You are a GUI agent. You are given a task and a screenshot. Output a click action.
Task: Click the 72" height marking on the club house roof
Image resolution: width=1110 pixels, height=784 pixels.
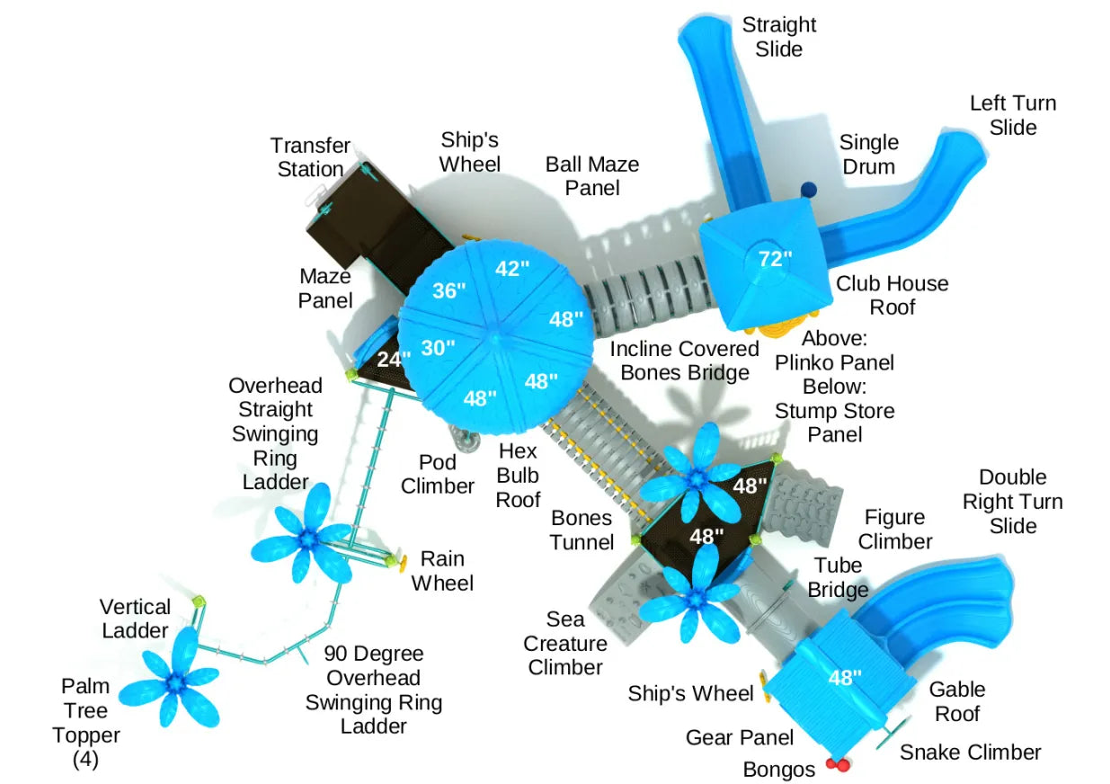pyautogui.click(x=775, y=259)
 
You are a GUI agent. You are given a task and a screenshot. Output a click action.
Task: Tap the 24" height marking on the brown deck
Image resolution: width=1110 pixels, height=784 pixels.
pyautogui.click(x=393, y=359)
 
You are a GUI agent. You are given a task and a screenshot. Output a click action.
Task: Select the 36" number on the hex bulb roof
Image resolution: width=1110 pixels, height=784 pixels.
pyautogui.click(x=448, y=290)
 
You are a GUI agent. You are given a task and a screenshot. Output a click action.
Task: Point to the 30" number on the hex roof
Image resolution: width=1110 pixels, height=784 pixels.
pyautogui.click(x=438, y=347)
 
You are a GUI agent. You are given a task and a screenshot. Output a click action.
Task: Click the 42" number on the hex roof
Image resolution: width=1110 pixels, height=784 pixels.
pyautogui.click(x=512, y=268)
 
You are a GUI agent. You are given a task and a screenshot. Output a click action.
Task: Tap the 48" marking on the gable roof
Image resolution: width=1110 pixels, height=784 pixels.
pyautogui.click(x=844, y=677)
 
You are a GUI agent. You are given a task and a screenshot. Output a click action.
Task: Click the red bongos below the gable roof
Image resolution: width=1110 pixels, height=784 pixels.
pyautogui.click(x=838, y=765)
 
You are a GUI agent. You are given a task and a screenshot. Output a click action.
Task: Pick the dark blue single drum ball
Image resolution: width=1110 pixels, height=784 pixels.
pyautogui.click(x=808, y=190)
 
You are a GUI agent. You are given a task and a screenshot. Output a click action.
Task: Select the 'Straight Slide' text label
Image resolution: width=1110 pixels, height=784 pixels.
pyautogui.click(x=778, y=37)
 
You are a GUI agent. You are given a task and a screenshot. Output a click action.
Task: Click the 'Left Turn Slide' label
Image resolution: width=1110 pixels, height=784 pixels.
pyautogui.click(x=1012, y=115)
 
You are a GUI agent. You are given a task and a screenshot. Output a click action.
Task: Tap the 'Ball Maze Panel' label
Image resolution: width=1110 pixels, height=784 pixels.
pyautogui.click(x=592, y=175)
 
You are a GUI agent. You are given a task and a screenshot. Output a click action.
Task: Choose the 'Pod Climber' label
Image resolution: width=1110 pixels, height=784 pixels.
pyautogui.click(x=437, y=474)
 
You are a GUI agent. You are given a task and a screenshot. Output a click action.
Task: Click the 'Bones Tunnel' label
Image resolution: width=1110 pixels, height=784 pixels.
pyautogui.click(x=582, y=530)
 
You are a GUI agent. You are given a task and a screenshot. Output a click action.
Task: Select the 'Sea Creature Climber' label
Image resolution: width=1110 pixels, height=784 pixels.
pyautogui.click(x=565, y=643)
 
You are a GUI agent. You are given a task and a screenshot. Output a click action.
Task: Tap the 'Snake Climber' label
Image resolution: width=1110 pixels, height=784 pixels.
pyautogui.click(x=970, y=752)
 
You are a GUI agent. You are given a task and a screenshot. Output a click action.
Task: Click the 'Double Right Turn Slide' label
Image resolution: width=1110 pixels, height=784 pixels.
pyautogui.click(x=1012, y=501)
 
